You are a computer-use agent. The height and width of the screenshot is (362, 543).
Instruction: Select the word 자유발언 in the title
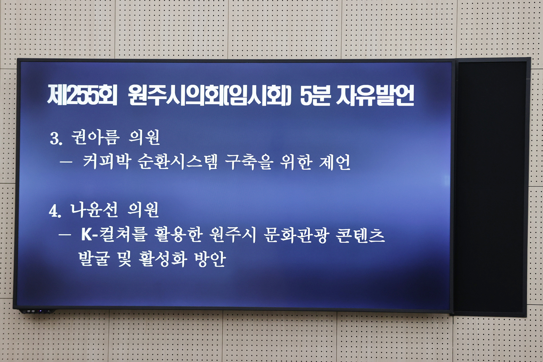click(x=375, y=95)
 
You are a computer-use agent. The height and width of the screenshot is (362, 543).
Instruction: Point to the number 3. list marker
click(x=56, y=139)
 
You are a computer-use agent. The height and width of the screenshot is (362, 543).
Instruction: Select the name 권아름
click(x=95, y=138)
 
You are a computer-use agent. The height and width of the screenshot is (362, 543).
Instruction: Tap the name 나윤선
click(x=94, y=210)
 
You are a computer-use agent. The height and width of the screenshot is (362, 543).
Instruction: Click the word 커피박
click(x=107, y=162)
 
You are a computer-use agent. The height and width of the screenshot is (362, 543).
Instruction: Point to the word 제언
click(x=335, y=162)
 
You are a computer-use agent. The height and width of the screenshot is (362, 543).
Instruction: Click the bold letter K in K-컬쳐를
click(x=86, y=235)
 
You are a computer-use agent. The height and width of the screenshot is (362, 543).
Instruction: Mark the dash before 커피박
click(x=66, y=162)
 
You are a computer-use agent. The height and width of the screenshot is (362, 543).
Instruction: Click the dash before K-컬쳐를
click(x=65, y=235)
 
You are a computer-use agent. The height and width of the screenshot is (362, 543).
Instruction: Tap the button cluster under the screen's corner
click(x=36, y=311)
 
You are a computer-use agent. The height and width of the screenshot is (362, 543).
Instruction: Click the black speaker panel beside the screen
click(x=491, y=187)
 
